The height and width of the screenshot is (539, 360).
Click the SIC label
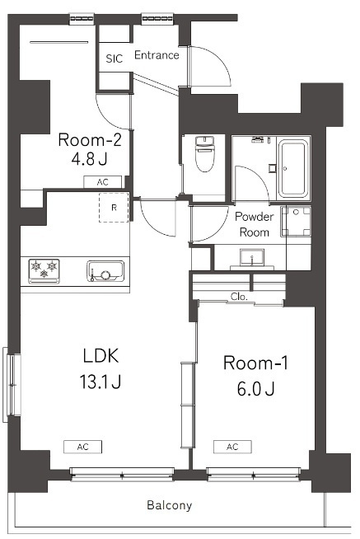coord(114,59)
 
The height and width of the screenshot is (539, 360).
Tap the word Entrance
coord(157,55)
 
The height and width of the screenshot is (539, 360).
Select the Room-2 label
coord(90,140)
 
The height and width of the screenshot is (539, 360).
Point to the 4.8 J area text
coord(89,159)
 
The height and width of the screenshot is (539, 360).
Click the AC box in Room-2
coord(103,182)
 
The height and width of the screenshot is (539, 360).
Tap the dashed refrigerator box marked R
coord(114,208)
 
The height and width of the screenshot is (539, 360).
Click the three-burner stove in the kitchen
coord(44,271)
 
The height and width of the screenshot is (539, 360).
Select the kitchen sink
coord(105,271)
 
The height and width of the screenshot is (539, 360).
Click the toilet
coord(205,153)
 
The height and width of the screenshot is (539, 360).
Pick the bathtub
coord(293,168)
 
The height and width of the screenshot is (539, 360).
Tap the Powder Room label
coord(255,224)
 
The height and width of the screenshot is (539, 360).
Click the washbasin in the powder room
coord(252,257)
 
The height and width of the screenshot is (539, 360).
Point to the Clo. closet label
coord(239,297)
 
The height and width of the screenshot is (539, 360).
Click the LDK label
coord(101,356)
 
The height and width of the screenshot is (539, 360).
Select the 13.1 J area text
coord(101,382)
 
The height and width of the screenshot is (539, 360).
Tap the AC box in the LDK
coord(82,447)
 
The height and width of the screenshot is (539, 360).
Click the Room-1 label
coord(255,363)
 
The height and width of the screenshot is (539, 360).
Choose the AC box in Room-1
coord(232,447)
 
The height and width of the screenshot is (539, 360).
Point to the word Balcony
coord(170,505)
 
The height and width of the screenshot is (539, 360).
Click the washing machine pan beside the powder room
coord(296,222)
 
